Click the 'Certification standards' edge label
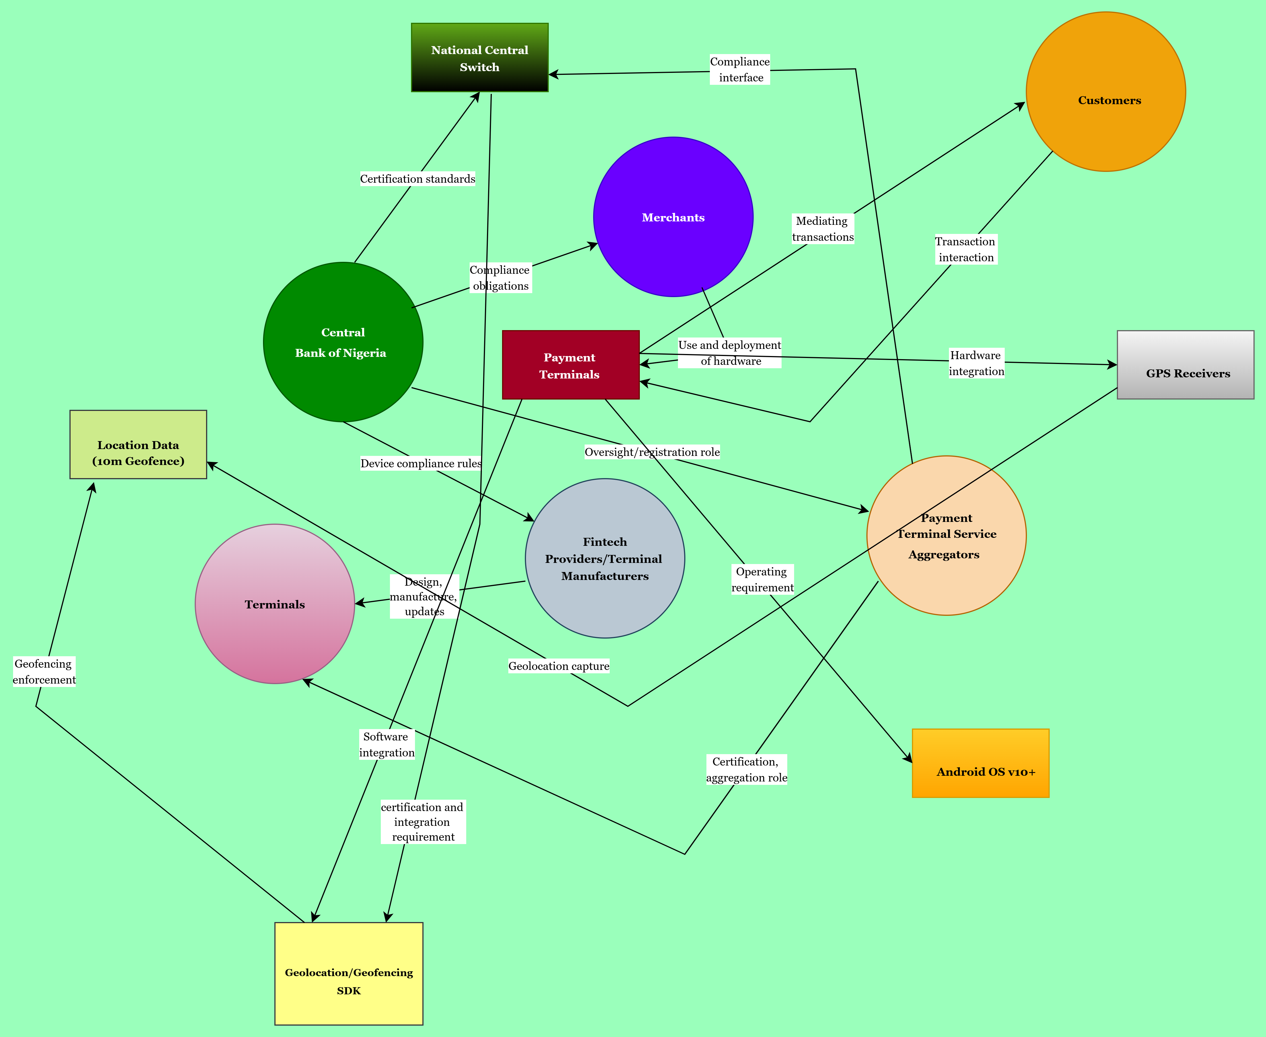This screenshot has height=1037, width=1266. click(x=418, y=179)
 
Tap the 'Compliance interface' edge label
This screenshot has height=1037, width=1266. click(x=740, y=69)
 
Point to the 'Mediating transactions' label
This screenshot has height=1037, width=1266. click(x=823, y=229)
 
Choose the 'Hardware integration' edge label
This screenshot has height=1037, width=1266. click(x=976, y=363)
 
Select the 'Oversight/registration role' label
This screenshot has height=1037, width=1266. click(x=652, y=452)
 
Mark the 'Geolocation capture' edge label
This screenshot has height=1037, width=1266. click(x=559, y=665)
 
